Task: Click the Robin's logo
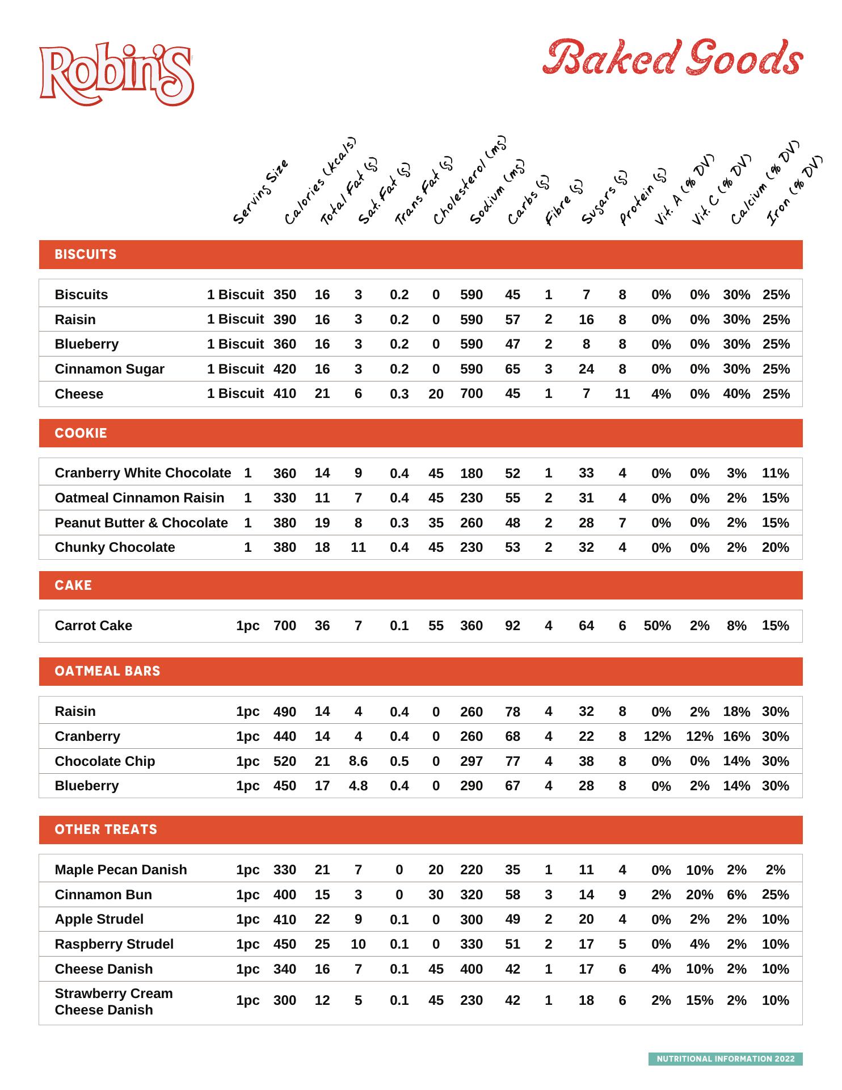click(x=116, y=74)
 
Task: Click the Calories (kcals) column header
click(x=319, y=181)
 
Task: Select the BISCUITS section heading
click(x=86, y=254)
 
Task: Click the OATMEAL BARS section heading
click(x=107, y=671)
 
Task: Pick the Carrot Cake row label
click(x=94, y=626)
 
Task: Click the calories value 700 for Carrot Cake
click(x=284, y=626)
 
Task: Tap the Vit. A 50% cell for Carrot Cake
click(x=657, y=626)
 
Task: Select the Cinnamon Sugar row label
click(x=110, y=369)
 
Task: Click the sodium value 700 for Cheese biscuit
click(x=471, y=393)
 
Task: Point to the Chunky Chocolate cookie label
click(x=115, y=547)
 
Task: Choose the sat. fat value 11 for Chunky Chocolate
click(x=358, y=547)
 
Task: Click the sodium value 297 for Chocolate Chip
click(x=471, y=761)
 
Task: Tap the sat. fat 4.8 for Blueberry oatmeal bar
click(x=358, y=786)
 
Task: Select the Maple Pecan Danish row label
click(x=121, y=870)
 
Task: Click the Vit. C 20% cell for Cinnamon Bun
click(x=699, y=895)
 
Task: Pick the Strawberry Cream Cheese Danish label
click(x=113, y=1001)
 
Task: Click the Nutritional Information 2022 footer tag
click(x=725, y=1059)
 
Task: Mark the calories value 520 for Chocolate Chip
click(x=284, y=761)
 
